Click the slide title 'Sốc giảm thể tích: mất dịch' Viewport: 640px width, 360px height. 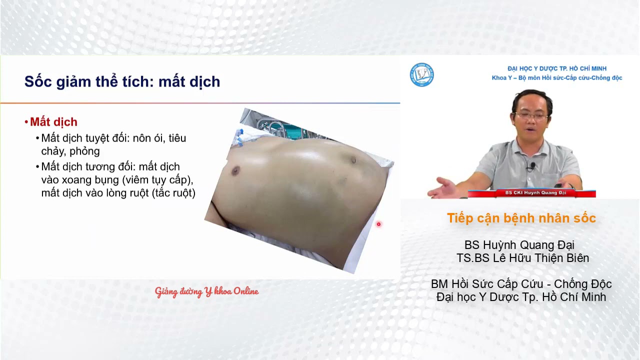tap(122, 81)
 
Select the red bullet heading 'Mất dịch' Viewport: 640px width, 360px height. tap(53, 122)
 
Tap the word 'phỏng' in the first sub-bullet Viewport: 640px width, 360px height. tap(84, 151)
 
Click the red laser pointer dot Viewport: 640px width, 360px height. tap(378, 224)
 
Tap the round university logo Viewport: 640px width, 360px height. tap(421, 74)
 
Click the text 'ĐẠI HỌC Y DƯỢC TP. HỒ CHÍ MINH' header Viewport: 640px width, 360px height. tap(556, 68)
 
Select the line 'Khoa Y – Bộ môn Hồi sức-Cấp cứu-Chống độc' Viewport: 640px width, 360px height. tap(556, 78)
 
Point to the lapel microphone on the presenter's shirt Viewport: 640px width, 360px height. tap(533, 165)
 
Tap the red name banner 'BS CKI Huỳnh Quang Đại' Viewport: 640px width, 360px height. tap(531, 193)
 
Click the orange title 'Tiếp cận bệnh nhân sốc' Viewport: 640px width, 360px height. tap(521, 218)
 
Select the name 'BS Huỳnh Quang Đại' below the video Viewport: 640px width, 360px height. tap(519, 245)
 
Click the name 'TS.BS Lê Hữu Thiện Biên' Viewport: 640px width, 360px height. tap(522, 258)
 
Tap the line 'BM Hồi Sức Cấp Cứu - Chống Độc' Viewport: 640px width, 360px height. tap(521, 284)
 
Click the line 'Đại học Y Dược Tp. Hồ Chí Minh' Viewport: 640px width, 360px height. tap(521, 297)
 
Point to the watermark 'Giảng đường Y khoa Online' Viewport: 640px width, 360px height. tap(206, 291)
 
